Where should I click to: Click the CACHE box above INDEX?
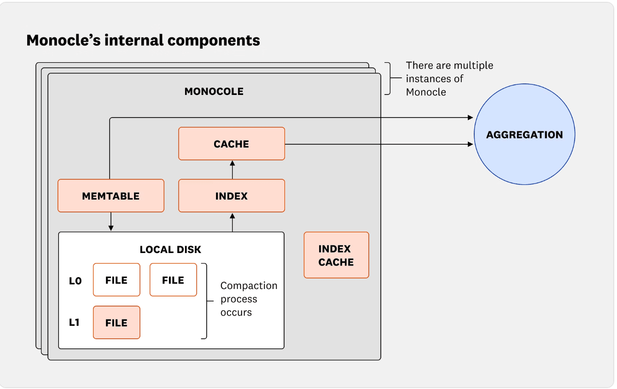(x=232, y=144)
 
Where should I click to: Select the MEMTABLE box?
(x=111, y=196)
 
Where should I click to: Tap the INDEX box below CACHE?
(x=232, y=196)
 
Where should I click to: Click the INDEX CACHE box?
(x=336, y=255)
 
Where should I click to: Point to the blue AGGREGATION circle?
(x=524, y=135)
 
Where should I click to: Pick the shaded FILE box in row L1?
(x=116, y=323)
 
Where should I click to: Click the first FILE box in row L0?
(x=116, y=280)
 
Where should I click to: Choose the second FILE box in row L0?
(x=173, y=280)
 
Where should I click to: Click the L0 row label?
(x=75, y=280)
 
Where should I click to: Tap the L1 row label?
(x=74, y=323)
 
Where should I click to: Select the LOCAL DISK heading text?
(x=170, y=250)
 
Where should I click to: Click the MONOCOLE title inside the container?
(x=214, y=91)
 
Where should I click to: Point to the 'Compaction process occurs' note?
(x=249, y=299)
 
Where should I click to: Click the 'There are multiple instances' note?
(x=449, y=78)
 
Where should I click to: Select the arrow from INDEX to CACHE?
(x=232, y=170)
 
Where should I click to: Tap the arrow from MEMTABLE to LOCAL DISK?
(x=111, y=222)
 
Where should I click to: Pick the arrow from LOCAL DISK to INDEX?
(x=232, y=222)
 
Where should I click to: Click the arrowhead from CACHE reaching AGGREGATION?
(x=470, y=144)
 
